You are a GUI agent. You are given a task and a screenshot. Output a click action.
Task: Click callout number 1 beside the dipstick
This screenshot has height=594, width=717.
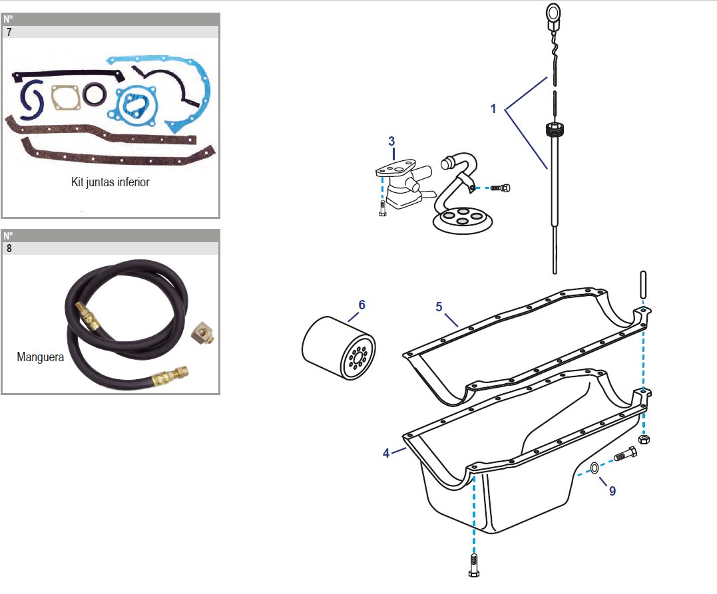tap(493, 108)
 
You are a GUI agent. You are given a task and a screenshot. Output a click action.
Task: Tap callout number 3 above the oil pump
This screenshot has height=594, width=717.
tap(391, 141)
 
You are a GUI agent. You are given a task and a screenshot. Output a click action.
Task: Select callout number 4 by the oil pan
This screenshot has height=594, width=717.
tap(386, 453)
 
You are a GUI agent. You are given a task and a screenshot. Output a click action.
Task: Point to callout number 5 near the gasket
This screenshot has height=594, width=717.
tap(439, 307)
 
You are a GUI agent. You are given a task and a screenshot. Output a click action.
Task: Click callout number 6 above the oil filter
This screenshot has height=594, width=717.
tap(361, 305)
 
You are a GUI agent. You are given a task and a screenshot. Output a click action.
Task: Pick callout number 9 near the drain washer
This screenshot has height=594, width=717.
tap(612, 491)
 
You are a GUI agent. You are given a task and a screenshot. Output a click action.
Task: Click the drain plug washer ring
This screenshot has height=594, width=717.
tap(594, 468)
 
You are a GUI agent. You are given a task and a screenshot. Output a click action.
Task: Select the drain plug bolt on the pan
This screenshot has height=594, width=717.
tap(625, 454)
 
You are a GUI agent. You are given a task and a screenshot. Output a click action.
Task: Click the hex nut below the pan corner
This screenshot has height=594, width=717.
tap(644, 439)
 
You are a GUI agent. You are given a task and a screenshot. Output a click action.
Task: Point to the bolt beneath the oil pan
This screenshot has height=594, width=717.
tap(474, 565)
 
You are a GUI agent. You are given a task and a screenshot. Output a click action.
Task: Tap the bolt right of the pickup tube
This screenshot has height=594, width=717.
tap(500, 188)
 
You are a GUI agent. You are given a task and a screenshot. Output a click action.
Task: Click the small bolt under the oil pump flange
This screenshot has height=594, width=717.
tap(383, 208)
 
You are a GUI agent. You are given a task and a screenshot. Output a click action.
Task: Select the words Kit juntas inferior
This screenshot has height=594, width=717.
tap(111, 182)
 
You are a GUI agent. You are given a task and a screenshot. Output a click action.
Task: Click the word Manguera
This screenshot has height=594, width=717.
tap(40, 357)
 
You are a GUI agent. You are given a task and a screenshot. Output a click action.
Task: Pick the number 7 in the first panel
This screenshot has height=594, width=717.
tap(9, 32)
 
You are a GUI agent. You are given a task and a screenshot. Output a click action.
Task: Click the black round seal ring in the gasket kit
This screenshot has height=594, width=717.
tap(95, 94)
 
